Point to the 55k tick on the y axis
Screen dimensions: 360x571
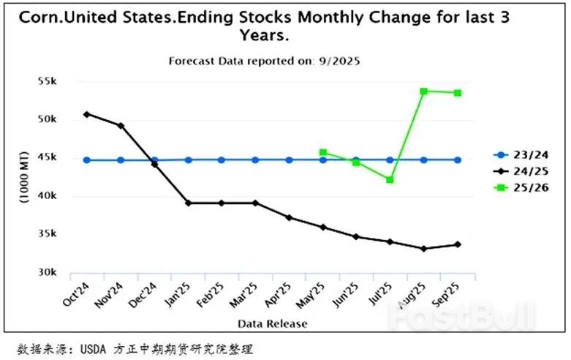(x=48, y=81)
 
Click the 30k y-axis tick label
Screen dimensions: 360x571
(x=48, y=272)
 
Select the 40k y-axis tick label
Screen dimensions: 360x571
(x=48, y=196)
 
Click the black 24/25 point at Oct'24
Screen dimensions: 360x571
(x=87, y=114)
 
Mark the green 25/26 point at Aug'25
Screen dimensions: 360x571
(x=424, y=91)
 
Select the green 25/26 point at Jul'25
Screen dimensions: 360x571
(x=390, y=179)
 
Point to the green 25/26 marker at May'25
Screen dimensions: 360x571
(x=322, y=152)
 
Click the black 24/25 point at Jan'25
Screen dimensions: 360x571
(x=188, y=203)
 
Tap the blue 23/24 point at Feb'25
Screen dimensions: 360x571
(x=222, y=160)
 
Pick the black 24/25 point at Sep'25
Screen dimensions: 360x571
(x=458, y=244)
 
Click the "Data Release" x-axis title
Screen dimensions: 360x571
(x=272, y=323)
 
